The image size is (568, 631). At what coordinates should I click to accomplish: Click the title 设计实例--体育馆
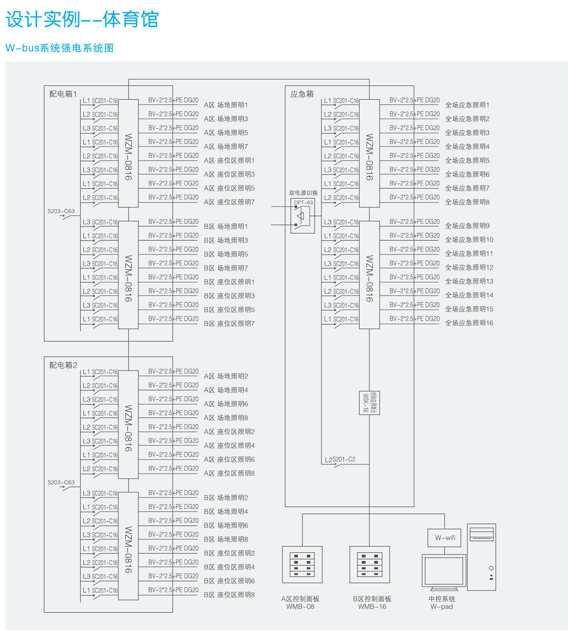82,19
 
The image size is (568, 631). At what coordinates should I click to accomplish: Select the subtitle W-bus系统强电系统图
60,48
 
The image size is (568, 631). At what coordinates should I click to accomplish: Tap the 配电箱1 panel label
63,94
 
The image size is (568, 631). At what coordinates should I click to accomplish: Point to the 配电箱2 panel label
63,365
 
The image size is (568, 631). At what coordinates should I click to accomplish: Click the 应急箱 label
301,94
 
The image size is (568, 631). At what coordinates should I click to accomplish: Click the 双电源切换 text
303,193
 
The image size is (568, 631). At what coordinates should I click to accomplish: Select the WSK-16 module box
370,403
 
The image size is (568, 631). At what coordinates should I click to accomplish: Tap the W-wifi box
444,537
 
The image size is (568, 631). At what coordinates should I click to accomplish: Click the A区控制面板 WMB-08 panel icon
302,564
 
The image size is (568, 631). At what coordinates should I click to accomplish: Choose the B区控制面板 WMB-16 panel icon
370,564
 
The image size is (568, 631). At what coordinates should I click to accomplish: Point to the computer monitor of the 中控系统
443,573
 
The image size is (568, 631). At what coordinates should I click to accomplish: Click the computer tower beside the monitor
481,557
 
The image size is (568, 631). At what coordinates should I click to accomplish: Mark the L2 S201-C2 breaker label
340,460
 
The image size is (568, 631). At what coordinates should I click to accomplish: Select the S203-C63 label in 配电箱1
61,211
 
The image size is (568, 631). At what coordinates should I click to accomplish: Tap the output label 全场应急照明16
469,323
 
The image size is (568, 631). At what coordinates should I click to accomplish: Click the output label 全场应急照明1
468,105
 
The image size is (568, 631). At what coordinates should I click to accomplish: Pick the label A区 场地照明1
226,105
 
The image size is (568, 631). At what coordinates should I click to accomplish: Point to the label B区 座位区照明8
229,595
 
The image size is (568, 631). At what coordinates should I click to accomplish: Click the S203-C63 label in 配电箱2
61,483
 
